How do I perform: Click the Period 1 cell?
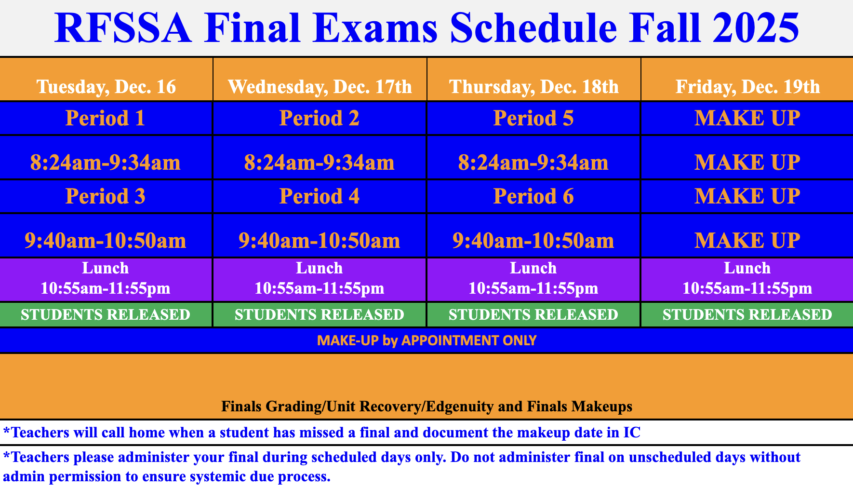pos(106,118)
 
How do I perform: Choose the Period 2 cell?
pos(320,118)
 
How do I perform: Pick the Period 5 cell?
pos(533,118)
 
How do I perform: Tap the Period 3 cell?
pos(106,196)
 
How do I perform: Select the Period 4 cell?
pos(320,196)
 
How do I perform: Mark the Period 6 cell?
pos(533,196)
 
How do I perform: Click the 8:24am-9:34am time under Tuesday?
pos(106,163)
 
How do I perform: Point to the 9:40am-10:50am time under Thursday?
pos(533,241)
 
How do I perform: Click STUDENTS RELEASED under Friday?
pos(747,314)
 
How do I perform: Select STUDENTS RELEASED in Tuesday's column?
pos(106,314)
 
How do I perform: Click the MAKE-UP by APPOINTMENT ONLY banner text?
pos(426,340)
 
